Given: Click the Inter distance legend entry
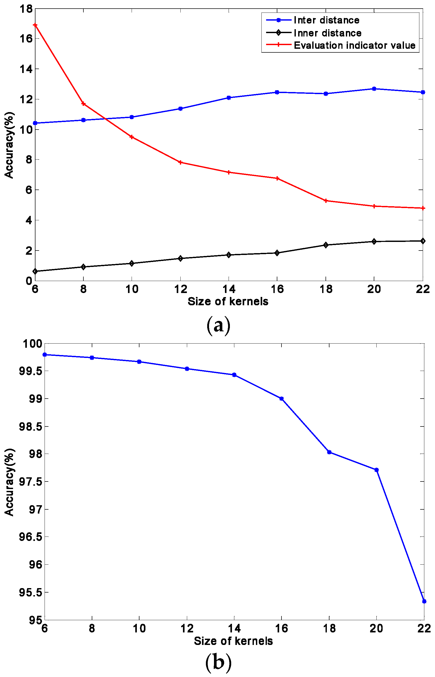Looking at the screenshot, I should (326, 20).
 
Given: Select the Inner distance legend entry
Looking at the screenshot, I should (327, 33).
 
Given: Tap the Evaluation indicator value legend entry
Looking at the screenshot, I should (354, 45).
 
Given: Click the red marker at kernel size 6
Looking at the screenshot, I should (35, 25).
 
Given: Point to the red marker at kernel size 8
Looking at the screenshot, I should (83, 104).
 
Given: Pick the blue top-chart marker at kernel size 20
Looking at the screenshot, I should (374, 89).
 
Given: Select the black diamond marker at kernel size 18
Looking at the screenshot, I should (326, 245).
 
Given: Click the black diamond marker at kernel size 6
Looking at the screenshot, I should (35, 271).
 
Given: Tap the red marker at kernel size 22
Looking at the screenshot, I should (422, 208).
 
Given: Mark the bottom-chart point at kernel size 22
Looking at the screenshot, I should (424, 601).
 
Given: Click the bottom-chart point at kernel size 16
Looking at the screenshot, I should (281, 399).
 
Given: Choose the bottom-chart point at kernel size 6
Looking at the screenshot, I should (45, 355).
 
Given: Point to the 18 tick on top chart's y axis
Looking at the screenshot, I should (26, 9).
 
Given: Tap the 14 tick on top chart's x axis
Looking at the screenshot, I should (229, 289).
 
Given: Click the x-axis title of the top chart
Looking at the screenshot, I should (228, 302).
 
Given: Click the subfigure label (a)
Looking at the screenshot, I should (218, 326).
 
